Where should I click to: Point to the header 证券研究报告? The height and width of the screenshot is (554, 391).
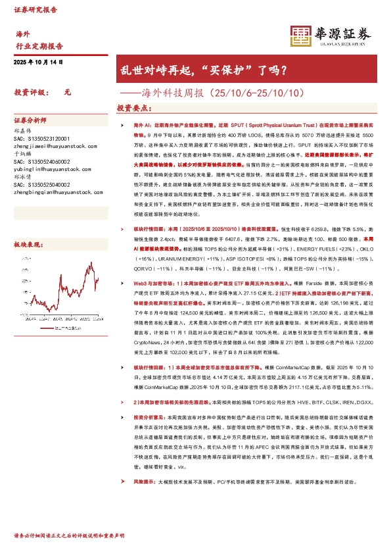(x=35, y=11)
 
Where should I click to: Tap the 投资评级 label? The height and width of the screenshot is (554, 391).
(x=30, y=93)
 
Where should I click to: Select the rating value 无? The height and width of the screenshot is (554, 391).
(x=67, y=93)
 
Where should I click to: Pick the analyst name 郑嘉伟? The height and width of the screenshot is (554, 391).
(x=22, y=131)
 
